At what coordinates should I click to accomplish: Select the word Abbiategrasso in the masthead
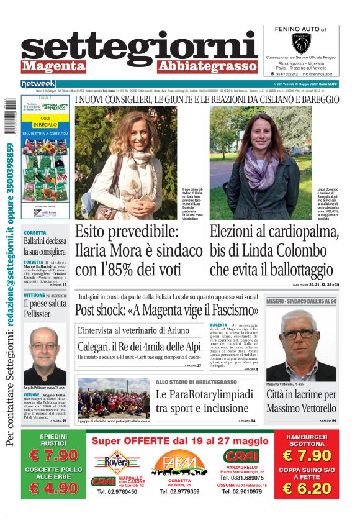pyautogui.click(x=207, y=66)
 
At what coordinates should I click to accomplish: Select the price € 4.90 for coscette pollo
pyautogui.click(x=54, y=488)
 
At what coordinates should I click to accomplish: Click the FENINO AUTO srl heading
pyautogui.click(x=300, y=29)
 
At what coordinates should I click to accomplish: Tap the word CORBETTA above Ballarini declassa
pyautogui.click(x=35, y=233)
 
